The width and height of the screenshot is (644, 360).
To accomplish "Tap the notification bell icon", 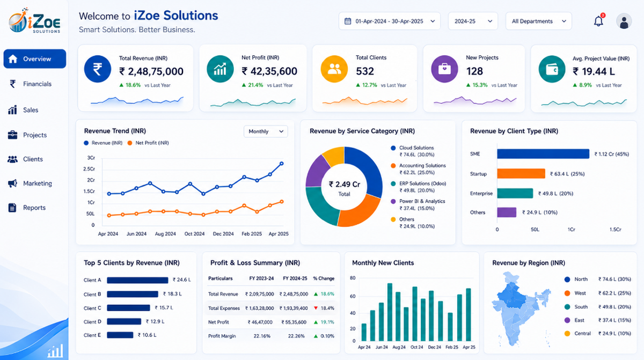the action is (x=598, y=21).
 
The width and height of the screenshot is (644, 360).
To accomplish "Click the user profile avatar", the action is (x=624, y=21).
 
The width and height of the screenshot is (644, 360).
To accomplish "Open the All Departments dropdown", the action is (x=538, y=21).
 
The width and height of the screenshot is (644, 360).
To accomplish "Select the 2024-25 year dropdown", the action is (x=473, y=21).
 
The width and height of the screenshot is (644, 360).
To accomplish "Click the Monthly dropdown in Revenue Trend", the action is (x=266, y=131).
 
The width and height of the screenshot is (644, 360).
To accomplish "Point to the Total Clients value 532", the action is (x=365, y=71).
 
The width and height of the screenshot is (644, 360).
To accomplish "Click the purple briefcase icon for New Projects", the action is (x=444, y=69).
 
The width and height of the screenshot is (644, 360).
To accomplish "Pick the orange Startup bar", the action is (x=521, y=173).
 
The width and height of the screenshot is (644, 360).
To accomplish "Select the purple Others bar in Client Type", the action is (x=507, y=212).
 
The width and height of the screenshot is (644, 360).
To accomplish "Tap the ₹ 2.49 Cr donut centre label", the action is (x=344, y=184).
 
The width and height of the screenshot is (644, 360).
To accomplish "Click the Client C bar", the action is (x=128, y=308).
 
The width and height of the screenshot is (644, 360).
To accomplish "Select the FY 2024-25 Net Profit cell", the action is (x=294, y=322).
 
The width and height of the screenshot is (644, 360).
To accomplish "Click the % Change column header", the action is (x=324, y=278).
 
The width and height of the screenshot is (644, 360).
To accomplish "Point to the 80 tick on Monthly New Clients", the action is (x=353, y=278).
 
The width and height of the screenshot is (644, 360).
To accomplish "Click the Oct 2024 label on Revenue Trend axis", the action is (x=194, y=234).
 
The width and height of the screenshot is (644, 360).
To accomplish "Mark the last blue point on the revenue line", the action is (x=281, y=164).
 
